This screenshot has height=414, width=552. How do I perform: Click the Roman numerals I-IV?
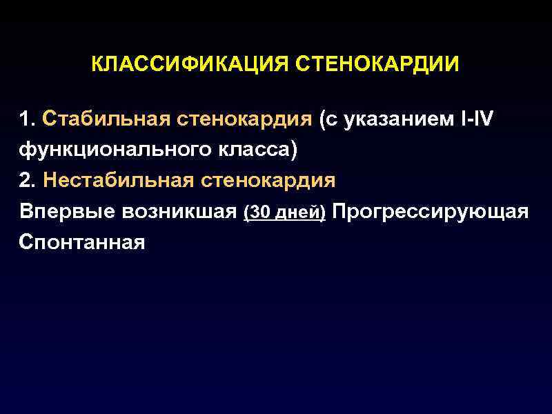tap(476, 119)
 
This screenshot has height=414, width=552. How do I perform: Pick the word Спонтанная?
tap(82, 243)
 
